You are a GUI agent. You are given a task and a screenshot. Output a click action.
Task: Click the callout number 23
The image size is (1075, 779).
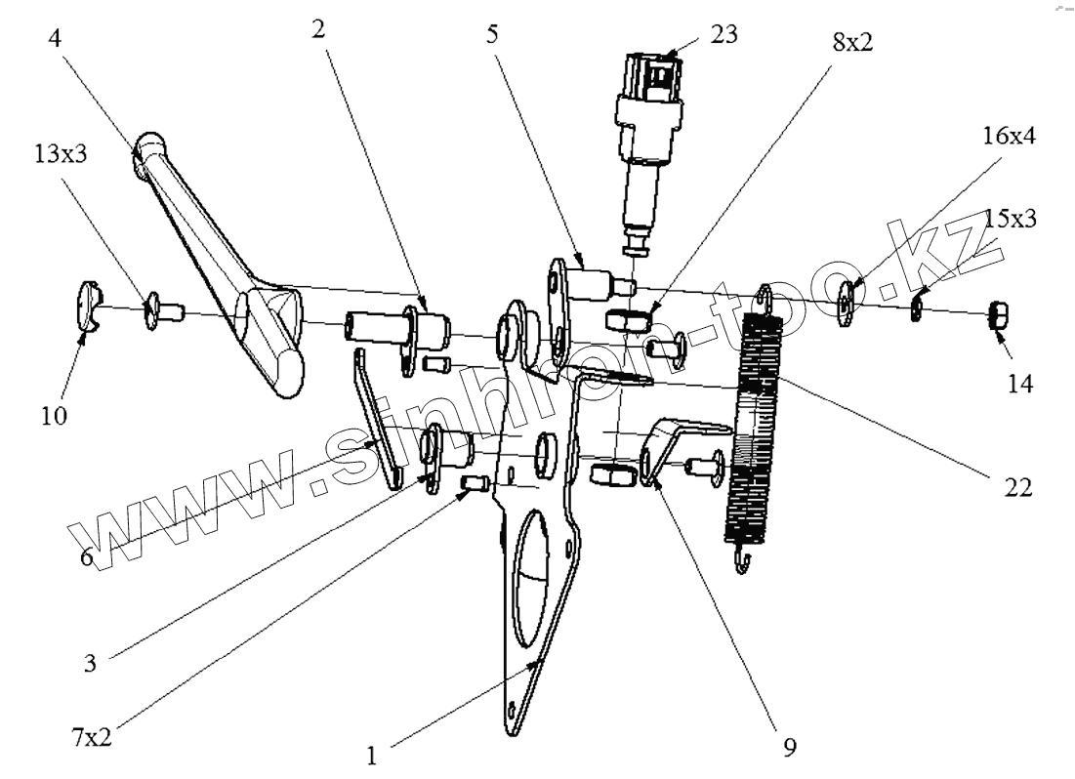click(x=724, y=35)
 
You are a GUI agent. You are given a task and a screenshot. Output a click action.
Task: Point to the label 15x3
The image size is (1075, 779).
click(x=1010, y=219)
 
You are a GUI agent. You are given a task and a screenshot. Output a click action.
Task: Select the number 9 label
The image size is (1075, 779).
click(x=789, y=749)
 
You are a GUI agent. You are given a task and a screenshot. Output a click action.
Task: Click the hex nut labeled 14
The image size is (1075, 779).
click(x=1000, y=314)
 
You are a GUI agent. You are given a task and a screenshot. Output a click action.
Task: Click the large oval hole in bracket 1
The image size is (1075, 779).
click(x=535, y=576)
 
